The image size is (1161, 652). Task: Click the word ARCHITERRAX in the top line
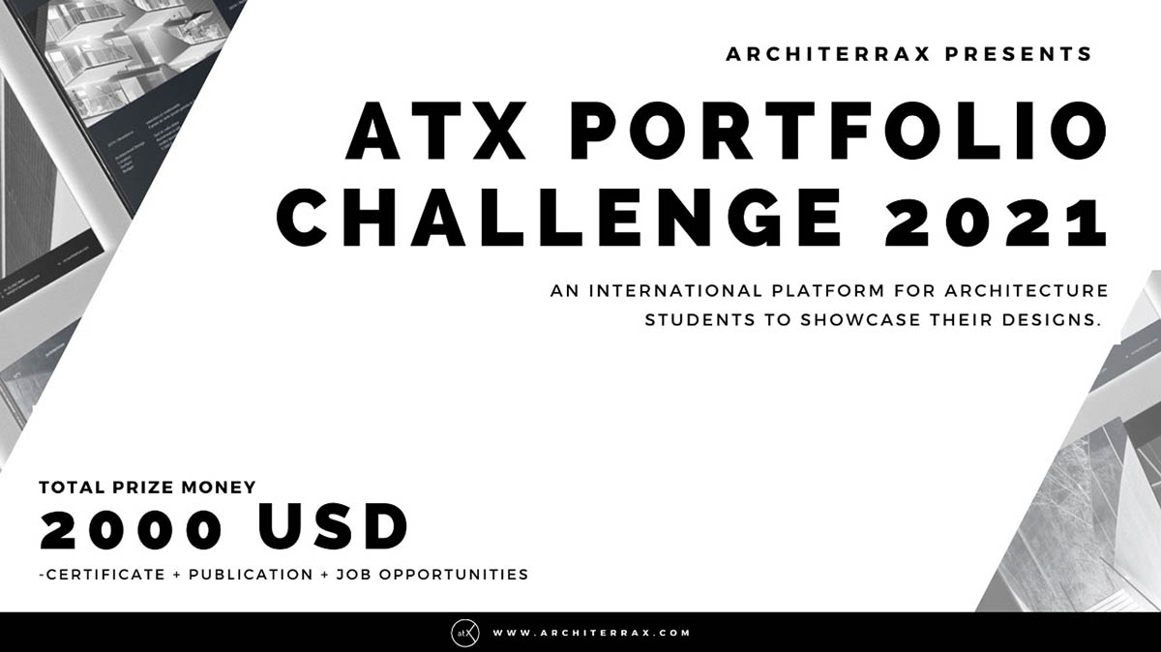tap(827, 54)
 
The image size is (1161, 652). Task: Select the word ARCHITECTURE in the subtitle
tap(1033, 290)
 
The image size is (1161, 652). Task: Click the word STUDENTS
tap(701, 319)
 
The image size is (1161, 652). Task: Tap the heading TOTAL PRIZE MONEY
tap(147, 488)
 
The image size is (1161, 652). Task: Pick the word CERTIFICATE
tap(104, 575)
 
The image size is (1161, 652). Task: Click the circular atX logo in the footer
tap(463, 633)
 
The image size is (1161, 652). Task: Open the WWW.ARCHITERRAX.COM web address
tap(591, 633)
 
